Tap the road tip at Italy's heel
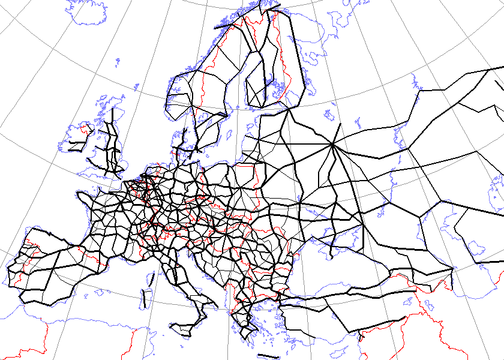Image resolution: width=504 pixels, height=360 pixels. click(x=215, y=308)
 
